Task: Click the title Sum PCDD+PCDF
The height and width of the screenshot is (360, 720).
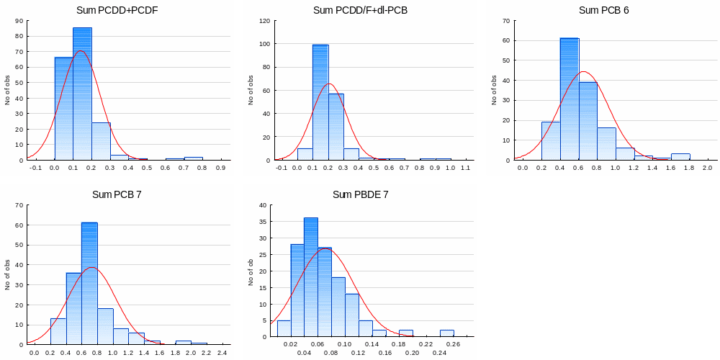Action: (x=117, y=10)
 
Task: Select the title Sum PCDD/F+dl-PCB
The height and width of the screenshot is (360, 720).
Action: (x=360, y=10)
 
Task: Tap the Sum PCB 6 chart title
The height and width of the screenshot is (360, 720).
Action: (x=603, y=10)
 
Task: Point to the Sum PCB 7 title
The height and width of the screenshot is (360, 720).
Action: (x=117, y=194)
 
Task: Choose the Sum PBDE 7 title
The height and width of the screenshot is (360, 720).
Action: (x=360, y=194)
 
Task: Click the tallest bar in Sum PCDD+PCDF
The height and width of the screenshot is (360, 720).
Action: (x=82, y=94)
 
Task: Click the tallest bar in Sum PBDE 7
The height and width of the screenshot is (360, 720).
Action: (x=310, y=277)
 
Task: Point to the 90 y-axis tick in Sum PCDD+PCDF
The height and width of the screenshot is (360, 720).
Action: (x=18, y=21)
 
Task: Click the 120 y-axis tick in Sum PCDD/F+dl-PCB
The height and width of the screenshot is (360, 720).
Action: (x=264, y=21)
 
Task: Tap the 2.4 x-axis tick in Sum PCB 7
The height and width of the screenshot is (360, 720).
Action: (x=222, y=353)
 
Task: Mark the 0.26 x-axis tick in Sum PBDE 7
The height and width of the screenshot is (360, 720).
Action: (x=453, y=345)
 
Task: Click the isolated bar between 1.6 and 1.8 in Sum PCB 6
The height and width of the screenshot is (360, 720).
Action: (x=680, y=157)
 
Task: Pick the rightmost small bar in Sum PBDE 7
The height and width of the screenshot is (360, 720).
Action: (x=447, y=333)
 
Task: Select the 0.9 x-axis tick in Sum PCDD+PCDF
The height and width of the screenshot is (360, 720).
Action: (x=220, y=168)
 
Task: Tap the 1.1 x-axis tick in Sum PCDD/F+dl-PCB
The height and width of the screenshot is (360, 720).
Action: (x=465, y=168)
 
